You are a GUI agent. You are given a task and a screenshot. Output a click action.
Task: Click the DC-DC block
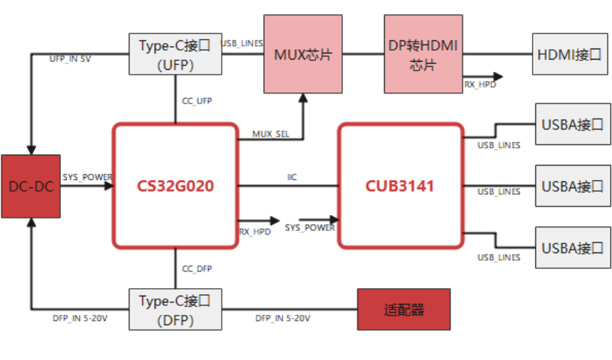(31, 187)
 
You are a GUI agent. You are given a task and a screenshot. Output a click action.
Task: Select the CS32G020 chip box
(175, 185)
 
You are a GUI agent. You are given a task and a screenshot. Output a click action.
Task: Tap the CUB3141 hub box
(401, 185)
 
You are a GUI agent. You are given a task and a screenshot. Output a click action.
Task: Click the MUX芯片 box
(303, 55)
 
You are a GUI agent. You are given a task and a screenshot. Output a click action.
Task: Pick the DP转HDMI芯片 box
(423, 55)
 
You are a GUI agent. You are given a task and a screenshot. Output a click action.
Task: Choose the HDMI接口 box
(570, 54)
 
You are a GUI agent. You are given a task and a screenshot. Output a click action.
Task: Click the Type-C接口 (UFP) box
(175, 54)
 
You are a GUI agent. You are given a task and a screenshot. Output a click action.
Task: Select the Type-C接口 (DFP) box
(175, 309)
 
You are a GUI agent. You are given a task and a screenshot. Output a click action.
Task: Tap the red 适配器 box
(404, 309)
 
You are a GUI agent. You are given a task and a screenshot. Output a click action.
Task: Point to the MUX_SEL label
(270, 133)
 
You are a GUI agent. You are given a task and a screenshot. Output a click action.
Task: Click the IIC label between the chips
(292, 177)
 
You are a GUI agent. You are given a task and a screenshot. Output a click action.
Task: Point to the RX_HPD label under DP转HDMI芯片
(480, 85)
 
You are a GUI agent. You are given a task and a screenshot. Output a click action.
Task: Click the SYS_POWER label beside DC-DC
(87, 177)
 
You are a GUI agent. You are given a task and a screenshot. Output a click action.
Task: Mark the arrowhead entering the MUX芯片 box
(303, 98)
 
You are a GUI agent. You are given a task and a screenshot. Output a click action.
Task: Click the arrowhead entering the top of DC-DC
(31, 150)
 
